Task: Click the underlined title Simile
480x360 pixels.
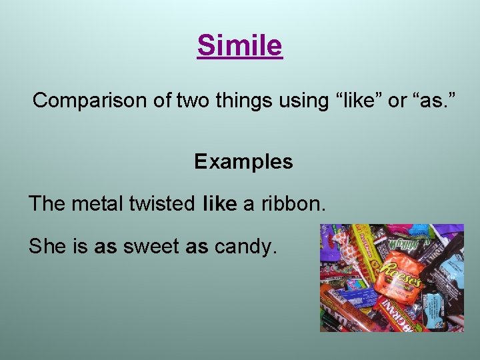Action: click(x=240, y=45)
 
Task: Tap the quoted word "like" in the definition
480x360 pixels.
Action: click(x=358, y=101)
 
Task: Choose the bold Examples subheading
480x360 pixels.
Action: click(x=243, y=162)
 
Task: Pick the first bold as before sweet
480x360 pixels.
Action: click(x=105, y=247)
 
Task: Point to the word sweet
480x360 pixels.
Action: click(x=151, y=247)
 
